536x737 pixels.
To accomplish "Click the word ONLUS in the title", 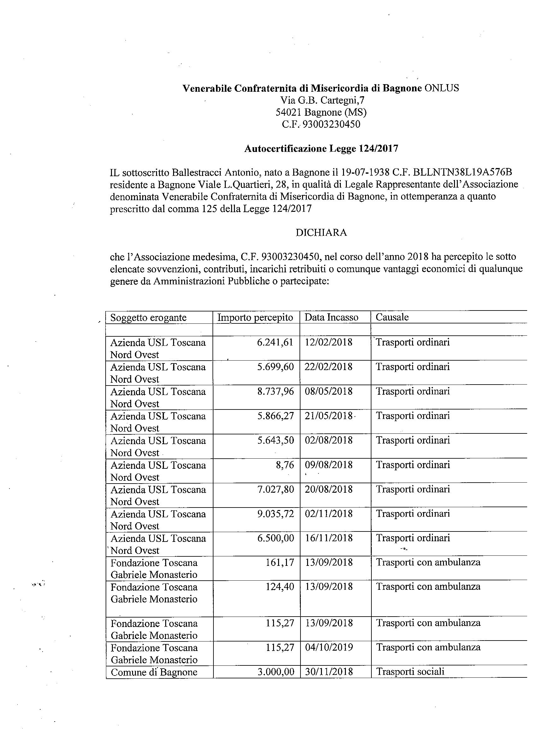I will point(441,88).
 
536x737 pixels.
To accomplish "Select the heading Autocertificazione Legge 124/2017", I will point(321,148).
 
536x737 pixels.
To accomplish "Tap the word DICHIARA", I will point(321,233).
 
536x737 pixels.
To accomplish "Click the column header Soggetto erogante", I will point(148,317).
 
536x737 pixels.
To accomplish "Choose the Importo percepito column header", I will point(255,317).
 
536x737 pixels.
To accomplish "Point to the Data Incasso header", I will point(331,317).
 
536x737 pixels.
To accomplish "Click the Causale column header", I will point(392,317).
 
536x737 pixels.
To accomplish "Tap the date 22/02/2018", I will point(328,367).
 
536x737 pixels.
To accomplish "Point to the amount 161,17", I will point(280,562).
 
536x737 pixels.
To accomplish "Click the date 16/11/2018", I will point(329,538).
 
